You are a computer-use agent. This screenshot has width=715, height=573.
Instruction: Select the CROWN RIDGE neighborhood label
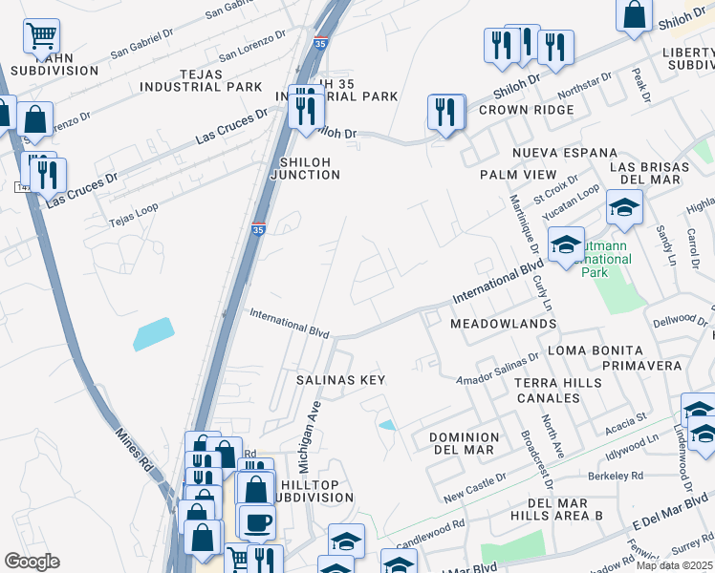point(527,110)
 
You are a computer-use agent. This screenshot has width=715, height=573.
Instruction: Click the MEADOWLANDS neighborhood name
point(503,325)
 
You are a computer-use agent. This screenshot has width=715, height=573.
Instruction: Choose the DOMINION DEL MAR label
point(461,443)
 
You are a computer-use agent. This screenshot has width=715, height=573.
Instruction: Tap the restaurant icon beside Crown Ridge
point(445,113)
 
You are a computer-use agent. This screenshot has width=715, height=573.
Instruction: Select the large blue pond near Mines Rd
point(155,333)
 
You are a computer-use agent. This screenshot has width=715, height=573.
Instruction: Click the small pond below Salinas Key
point(386,425)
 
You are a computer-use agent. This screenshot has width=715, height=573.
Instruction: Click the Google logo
point(32,562)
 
